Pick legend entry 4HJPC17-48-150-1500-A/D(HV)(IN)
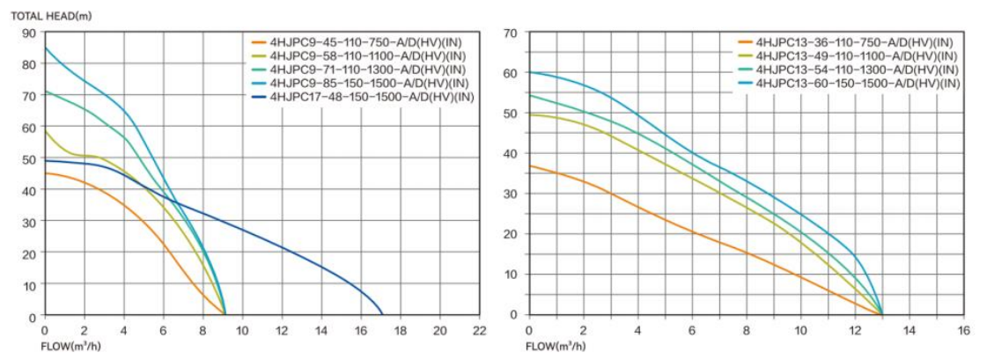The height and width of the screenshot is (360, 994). pos(372,96)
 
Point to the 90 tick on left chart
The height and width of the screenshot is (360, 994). pos(30,33)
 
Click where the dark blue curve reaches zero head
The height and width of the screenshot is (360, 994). pos(382,314)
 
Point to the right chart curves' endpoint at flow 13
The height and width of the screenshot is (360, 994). pos(882,314)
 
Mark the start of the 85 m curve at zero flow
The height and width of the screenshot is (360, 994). pos(45,48)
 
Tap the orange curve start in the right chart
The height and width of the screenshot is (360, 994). pos(529,165)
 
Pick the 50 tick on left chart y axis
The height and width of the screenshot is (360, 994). pos(30,158)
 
